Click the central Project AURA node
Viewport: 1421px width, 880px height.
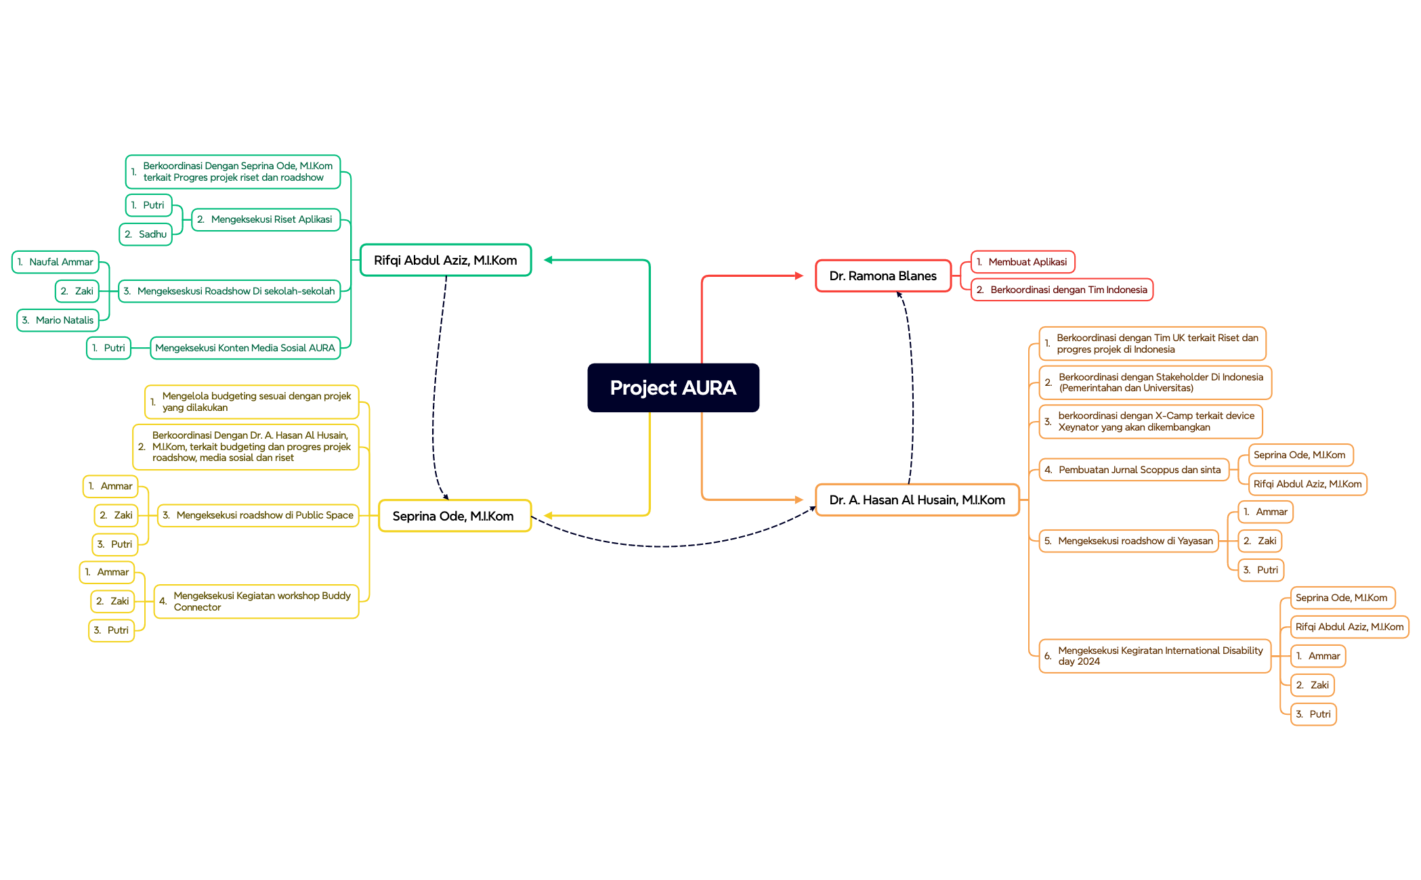(x=673, y=388)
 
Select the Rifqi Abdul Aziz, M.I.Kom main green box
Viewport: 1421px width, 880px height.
(x=446, y=260)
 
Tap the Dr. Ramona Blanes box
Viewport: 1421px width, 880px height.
(x=883, y=276)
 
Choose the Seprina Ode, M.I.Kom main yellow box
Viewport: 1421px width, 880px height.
(x=454, y=516)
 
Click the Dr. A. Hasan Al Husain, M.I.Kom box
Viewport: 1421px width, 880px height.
(x=917, y=500)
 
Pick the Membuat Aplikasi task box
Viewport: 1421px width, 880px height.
(x=1023, y=262)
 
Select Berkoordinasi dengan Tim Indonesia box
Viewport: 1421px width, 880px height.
(x=1061, y=290)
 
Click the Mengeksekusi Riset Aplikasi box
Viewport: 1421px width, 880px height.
(x=266, y=219)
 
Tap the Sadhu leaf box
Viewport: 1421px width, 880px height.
(x=146, y=234)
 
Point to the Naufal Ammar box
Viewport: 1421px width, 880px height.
(x=56, y=262)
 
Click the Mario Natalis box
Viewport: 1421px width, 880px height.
(x=58, y=320)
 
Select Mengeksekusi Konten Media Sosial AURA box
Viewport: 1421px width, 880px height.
(x=245, y=348)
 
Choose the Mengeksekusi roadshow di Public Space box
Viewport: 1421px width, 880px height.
(x=258, y=515)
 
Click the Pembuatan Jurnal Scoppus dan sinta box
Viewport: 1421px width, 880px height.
(x=1134, y=470)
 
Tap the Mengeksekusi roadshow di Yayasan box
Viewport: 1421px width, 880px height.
(x=1129, y=541)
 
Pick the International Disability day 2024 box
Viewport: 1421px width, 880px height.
(x=1155, y=656)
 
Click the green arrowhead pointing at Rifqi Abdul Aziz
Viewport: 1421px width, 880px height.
(x=549, y=260)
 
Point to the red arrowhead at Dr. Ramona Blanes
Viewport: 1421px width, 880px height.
(x=799, y=276)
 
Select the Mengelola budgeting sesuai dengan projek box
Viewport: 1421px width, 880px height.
(x=252, y=402)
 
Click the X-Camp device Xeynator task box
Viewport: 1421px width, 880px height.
(x=1151, y=422)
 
